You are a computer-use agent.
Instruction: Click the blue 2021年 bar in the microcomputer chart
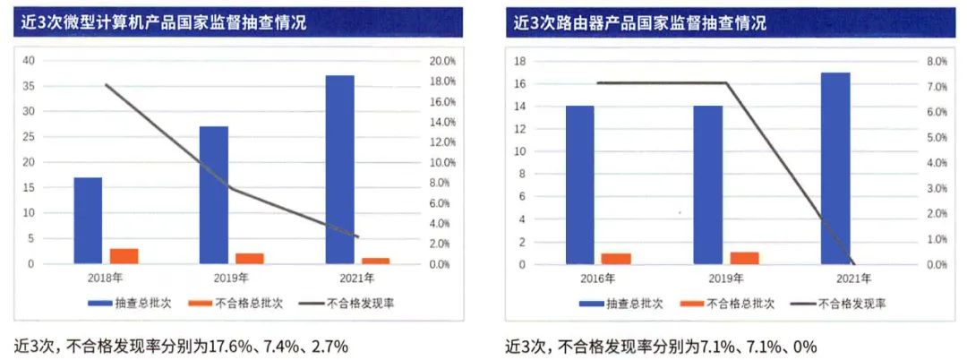[339, 170]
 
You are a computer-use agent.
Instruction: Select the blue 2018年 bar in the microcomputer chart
[88, 220]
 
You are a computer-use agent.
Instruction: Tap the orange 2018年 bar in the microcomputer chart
[124, 256]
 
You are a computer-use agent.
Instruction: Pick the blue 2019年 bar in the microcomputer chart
[214, 195]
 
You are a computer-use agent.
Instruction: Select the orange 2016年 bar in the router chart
[616, 259]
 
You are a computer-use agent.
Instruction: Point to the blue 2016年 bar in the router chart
[579, 185]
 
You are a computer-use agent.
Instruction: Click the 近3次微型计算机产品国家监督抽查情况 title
[165, 23]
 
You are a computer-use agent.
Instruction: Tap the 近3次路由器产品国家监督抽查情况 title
[641, 23]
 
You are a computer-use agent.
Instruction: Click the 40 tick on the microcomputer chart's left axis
[28, 61]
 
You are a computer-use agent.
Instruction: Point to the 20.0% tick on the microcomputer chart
[442, 61]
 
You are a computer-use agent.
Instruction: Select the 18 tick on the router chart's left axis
[519, 61]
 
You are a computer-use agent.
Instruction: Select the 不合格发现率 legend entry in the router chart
[839, 304]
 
